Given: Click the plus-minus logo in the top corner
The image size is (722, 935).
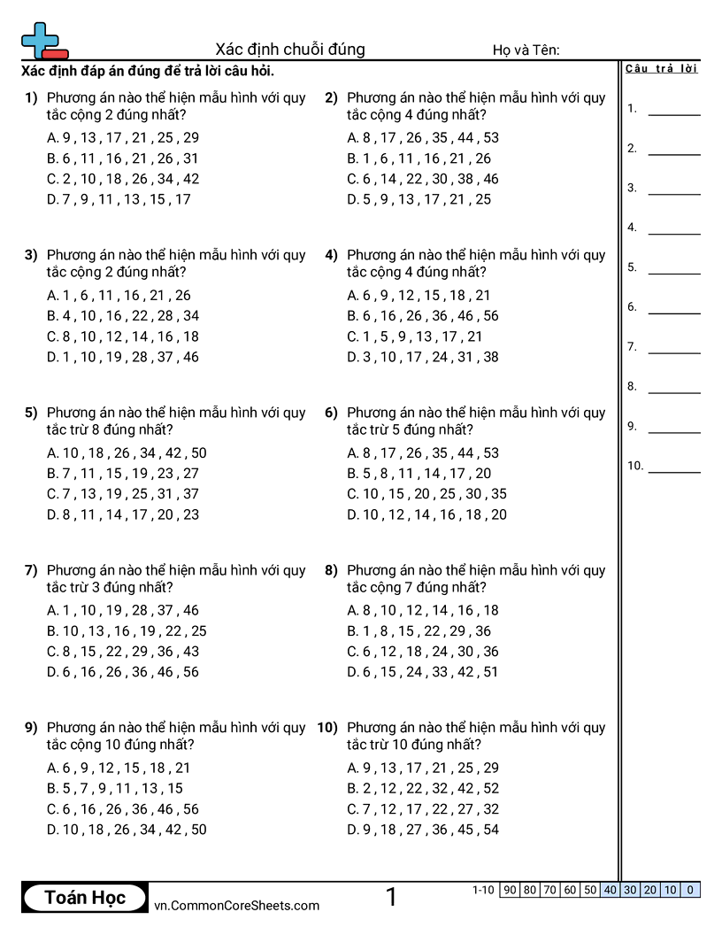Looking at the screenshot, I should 42,41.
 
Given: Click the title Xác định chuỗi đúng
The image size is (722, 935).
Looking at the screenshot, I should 290,50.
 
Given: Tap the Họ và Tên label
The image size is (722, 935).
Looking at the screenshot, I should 526,50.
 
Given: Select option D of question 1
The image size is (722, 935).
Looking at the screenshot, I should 119,199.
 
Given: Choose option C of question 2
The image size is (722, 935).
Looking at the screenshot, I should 423,179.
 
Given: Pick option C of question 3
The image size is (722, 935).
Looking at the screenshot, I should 123,336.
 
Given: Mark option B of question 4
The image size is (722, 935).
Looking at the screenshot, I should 423,316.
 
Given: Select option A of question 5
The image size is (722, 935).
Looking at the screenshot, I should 127,453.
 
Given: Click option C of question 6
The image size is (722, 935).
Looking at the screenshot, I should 427,494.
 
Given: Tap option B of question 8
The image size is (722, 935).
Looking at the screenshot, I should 419,631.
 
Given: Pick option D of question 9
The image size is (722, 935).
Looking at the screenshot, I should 127,830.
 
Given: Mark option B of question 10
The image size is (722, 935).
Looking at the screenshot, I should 423,788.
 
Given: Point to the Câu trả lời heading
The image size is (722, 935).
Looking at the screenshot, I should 661,69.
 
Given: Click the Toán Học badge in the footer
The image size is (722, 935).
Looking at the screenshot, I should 85,898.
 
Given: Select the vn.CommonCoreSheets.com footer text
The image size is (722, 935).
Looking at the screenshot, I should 236,905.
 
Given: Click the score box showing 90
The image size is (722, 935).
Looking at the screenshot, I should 509,890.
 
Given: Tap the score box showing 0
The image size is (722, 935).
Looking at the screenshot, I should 690,890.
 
